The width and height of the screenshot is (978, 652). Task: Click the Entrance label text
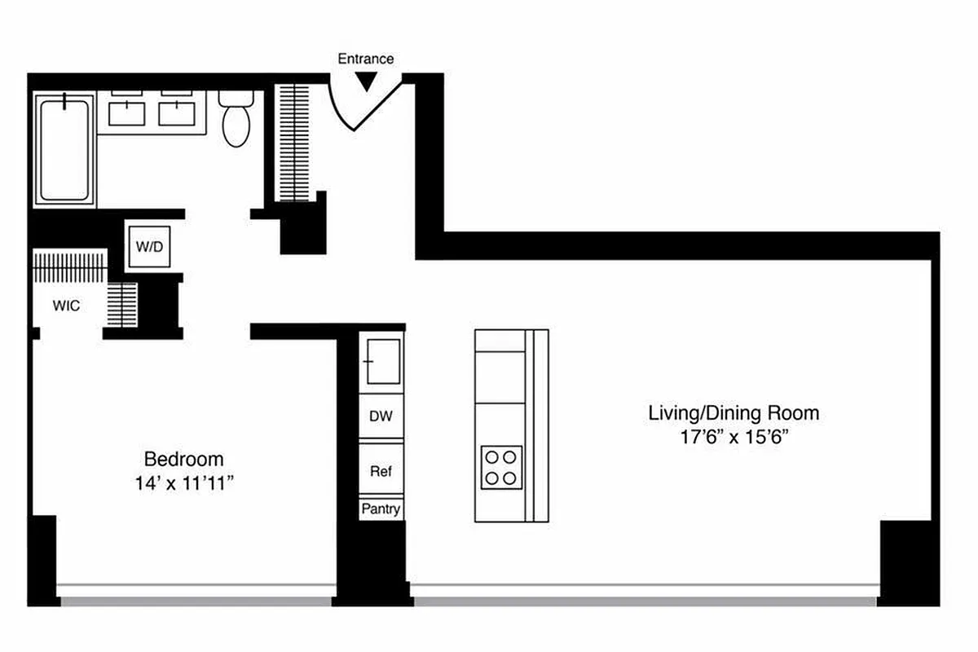pos(366,59)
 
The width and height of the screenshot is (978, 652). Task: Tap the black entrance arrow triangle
pos(367,81)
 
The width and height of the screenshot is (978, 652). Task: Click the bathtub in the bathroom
pos(64,151)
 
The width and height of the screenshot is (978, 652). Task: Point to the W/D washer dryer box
pos(148,247)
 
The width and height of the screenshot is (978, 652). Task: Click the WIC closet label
pos(66,306)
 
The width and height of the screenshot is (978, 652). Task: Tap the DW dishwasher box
pos(381,416)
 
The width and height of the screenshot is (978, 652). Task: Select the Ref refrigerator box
pos(381,471)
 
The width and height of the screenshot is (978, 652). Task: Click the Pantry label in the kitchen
pos(381,509)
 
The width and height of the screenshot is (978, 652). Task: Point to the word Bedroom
pos(183,459)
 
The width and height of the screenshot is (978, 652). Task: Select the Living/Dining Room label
pos(733,413)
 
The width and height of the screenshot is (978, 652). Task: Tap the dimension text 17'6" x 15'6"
pos(733,438)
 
